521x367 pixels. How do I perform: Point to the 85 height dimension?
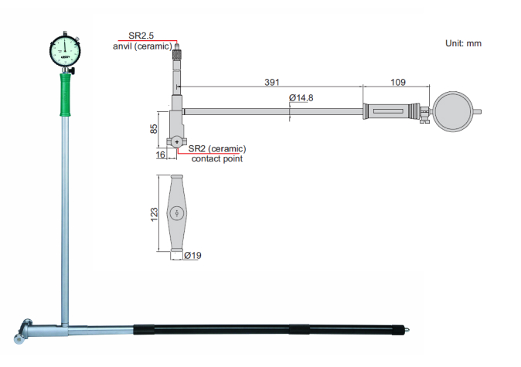click(153, 127)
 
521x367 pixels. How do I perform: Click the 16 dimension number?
click(161, 155)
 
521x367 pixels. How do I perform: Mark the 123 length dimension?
click(153, 212)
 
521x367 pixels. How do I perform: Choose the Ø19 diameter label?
click(192, 255)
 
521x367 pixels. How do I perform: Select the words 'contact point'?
click(216, 158)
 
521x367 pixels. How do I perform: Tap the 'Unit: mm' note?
click(464, 43)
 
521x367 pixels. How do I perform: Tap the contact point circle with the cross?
click(178, 141)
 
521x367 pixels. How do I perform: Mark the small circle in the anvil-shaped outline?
click(177, 212)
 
